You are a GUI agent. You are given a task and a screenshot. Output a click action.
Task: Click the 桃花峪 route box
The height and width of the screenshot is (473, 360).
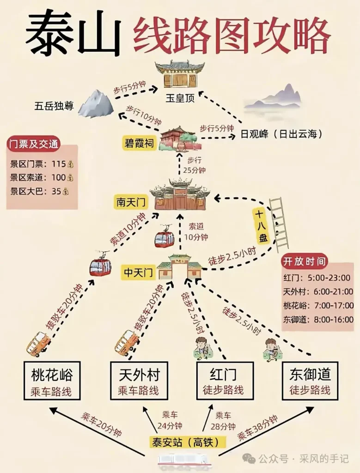pyautogui.click(x=52, y=381)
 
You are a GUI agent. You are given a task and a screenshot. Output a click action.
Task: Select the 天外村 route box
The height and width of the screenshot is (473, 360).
pyautogui.click(x=139, y=381)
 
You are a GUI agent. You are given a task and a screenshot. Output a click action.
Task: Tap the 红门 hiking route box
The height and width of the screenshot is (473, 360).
pyautogui.click(x=224, y=381)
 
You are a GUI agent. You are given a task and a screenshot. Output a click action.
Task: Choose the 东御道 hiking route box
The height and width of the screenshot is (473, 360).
pyautogui.click(x=310, y=381)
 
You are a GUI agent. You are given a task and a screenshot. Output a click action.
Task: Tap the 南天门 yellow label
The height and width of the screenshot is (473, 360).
pyautogui.click(x=131, y=202)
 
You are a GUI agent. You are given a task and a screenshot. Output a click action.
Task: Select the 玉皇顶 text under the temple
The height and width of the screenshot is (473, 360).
pyautogui.click(x=180, y=98)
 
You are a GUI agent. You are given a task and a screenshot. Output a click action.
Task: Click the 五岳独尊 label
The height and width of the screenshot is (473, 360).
pyautogui.click(x=54, y=106)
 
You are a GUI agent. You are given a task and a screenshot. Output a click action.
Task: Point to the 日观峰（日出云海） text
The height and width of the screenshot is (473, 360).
pyautogui.click(x=281, y=133)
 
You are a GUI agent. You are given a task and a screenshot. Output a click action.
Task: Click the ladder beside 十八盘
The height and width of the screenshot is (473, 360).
pyautogui.click(x=279, y=225)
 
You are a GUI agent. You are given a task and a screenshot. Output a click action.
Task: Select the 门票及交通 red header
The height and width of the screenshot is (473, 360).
pyautogui.click(x=33, y=144)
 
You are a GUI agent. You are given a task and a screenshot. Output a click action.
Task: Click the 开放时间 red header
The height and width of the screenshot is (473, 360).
pyautogui.click(x=304, y=261)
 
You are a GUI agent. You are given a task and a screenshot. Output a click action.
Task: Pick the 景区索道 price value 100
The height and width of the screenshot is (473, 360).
pyautogui.click(x=59, y=177)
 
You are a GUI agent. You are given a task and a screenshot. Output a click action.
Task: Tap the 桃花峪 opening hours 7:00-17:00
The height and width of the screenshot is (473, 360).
pyautogui.click(x=334, y=305)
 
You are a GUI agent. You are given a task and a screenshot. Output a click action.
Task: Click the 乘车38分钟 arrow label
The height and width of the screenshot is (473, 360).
pyautogui.click(x=257, y=428)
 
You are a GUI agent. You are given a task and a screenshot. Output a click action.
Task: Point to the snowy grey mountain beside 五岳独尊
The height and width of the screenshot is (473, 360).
pyautogui.click(x=96, y=103)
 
